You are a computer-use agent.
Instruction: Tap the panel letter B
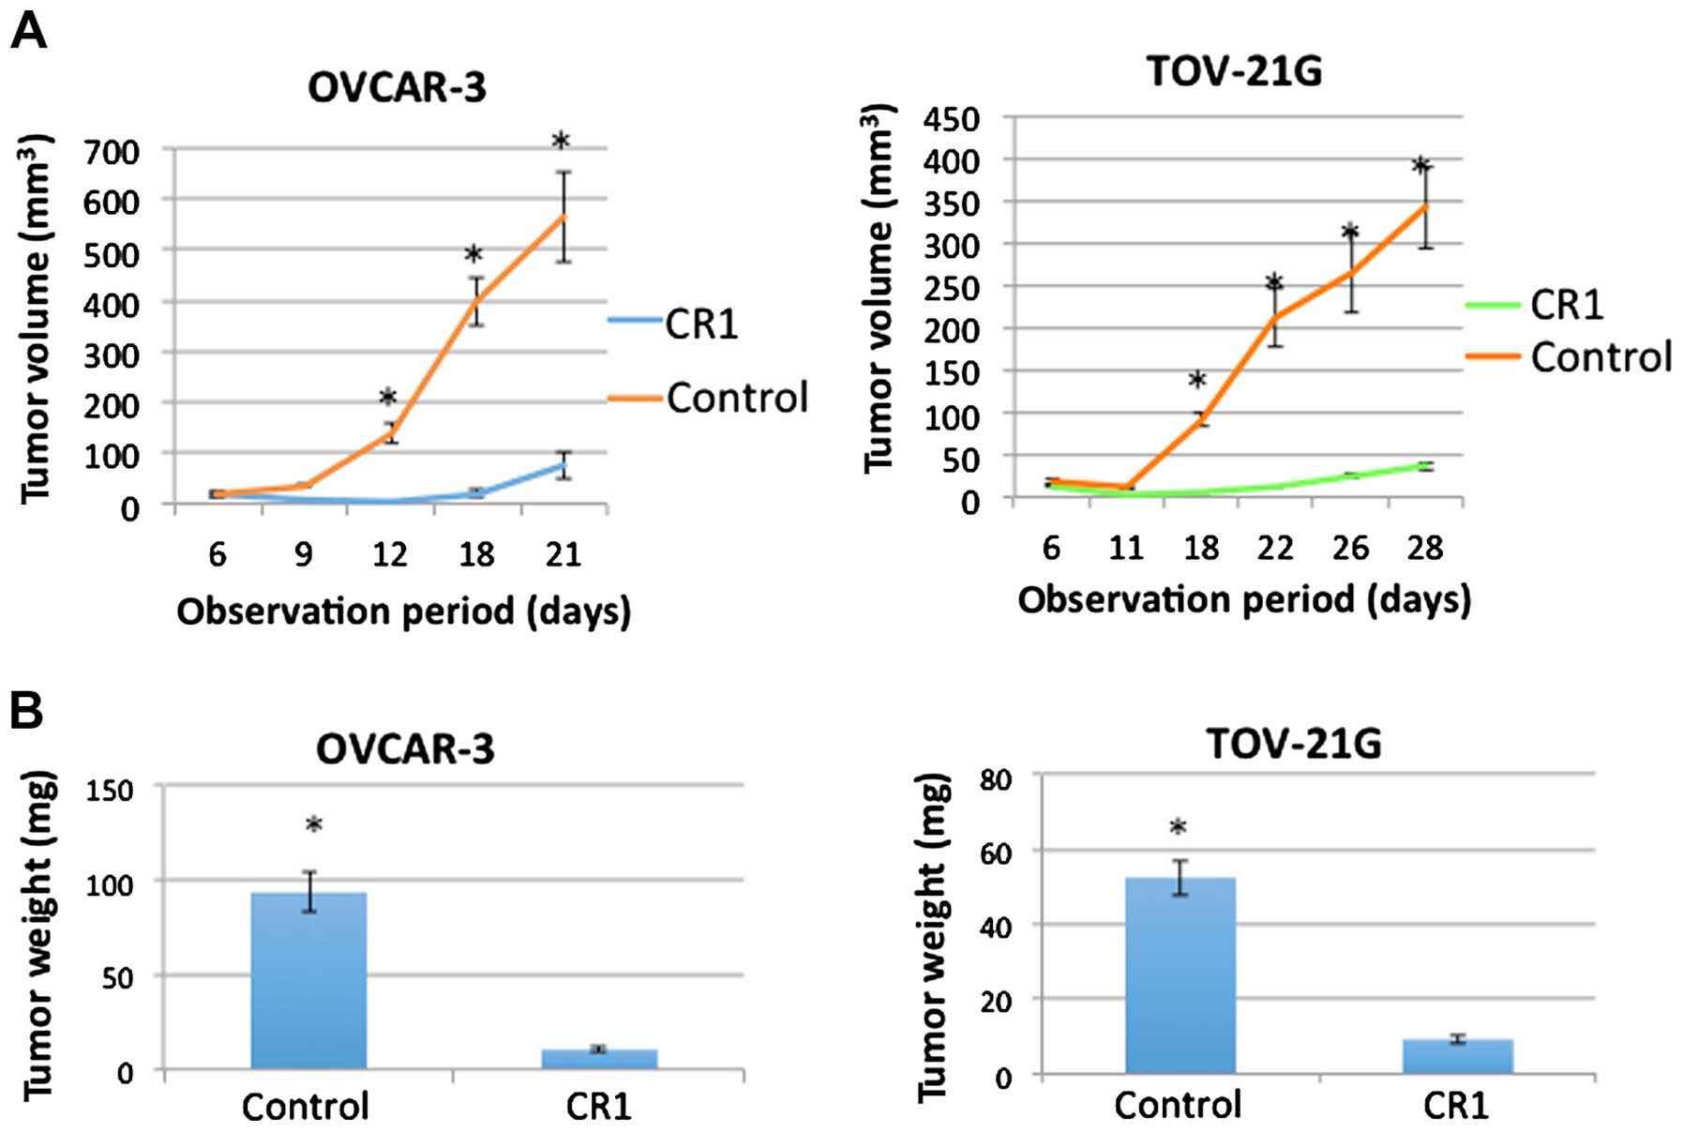(x=26, y=711)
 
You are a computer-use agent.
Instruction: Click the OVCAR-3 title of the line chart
(x=397, y=87)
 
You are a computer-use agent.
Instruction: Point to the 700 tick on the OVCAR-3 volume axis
(x=112, y=152)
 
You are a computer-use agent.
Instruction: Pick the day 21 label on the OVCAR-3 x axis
(x=564, y=554)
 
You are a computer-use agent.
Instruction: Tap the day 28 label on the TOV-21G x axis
(x=1424, y=548)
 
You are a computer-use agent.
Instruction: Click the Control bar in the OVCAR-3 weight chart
(x=308, y=980)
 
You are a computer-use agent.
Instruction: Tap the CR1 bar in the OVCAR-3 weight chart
(x=599, y=1058)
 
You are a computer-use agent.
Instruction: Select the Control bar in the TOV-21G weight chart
(x=1180, y=975)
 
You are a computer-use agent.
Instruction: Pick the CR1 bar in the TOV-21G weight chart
(x=1457, y=1055)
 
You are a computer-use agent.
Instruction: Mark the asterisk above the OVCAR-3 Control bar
(x=314, y=825)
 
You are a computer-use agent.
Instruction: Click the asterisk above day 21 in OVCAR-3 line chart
(x=561, y=142)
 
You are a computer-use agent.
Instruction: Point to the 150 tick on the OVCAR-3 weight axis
(x=109, y=790)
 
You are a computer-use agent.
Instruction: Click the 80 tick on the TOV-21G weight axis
(x=996, y=780)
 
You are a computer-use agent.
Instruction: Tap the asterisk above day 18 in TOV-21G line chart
(x=1197, y=381)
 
